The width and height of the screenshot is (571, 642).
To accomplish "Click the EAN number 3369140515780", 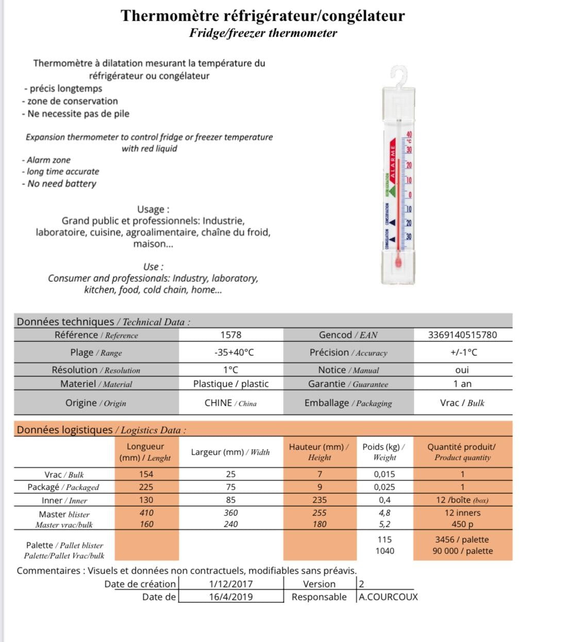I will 462,335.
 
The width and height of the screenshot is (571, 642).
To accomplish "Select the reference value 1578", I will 230,335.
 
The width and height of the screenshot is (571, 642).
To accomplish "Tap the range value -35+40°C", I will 234,353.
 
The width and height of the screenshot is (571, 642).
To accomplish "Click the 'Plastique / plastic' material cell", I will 231,384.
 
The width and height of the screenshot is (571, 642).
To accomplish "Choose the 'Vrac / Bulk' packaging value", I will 462,403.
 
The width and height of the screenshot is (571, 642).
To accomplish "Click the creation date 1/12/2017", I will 231,584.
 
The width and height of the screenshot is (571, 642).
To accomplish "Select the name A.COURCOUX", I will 388,597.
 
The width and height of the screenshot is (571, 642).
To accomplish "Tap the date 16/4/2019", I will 231,597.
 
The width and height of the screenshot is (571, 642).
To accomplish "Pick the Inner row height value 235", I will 320,500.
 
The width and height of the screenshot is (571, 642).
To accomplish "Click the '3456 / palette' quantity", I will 462,540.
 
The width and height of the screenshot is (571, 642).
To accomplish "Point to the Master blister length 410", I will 146,513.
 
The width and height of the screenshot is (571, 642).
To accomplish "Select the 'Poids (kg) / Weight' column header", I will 384,452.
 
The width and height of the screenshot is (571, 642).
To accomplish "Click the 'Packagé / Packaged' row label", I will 63,487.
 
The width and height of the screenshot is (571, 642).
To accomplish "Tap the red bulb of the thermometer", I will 398,262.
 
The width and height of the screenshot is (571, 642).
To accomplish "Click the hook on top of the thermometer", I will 400,75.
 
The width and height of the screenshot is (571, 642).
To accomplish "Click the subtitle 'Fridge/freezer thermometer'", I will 263,33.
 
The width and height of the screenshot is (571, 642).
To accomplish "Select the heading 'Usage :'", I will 153,210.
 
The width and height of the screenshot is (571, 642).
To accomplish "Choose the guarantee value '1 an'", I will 462,384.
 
